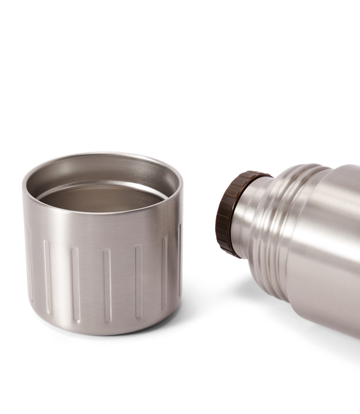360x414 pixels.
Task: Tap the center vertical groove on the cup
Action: [107, 285]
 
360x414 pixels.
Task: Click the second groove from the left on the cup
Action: [48, 276]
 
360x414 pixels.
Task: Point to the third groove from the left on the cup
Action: [75, 283]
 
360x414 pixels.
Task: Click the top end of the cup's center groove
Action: [107, 252]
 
